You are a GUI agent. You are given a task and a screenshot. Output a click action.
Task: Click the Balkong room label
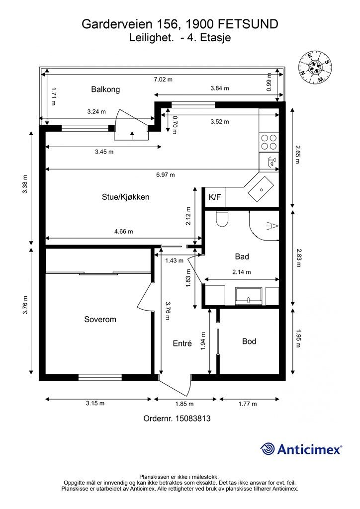point(105,89)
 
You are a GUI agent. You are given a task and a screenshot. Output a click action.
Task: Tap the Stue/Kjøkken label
point(126,197)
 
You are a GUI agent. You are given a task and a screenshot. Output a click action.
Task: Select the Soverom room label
point(100,319)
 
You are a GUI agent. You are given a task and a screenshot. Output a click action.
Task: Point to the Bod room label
point(249,341)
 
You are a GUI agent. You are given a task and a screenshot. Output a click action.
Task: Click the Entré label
point(182,343)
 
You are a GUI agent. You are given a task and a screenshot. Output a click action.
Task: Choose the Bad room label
point(242,256)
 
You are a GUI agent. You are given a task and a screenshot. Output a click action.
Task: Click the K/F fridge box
point(215,197)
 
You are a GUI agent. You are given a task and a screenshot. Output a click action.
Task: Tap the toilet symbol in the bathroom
point(222,219)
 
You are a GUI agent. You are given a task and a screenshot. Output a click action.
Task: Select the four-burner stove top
point(269,142)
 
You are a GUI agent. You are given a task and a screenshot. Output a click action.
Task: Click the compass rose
point(315,68)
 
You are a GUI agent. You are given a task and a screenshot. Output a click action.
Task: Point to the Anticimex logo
point(301,449)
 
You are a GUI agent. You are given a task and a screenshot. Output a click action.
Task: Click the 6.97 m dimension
point(165,174)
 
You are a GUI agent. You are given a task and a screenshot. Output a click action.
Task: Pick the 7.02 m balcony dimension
point(163,79)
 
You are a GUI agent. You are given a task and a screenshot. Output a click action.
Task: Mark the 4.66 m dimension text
point(124,232)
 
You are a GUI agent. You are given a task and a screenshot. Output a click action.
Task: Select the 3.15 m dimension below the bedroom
point(95,403)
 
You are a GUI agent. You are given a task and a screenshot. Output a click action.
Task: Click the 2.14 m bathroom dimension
point(242,272)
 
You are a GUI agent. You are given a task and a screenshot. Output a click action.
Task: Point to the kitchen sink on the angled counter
point(261,189)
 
